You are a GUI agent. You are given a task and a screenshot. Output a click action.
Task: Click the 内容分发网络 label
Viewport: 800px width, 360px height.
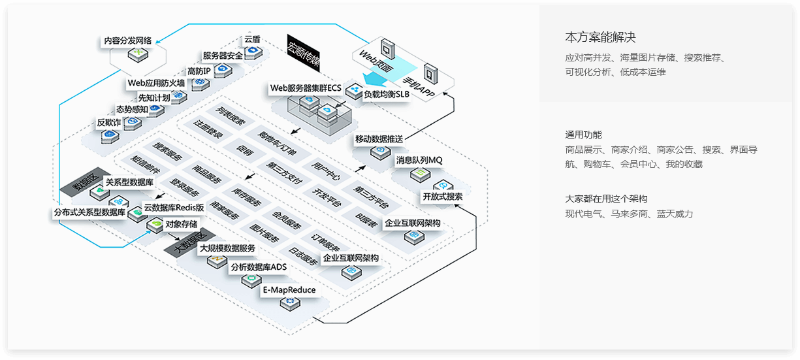click(128, 41)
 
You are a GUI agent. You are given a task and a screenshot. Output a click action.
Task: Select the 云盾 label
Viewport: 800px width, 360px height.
click(252, 39)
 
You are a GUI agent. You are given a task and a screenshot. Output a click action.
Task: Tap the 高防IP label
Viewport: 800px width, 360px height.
click(199, 71)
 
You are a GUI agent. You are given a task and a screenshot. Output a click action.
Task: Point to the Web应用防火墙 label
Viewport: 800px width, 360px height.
click(156, 83)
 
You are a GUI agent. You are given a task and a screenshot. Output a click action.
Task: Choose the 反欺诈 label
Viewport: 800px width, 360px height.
click(109, 122)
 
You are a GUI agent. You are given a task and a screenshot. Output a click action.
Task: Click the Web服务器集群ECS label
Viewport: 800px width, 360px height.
click(306, 88)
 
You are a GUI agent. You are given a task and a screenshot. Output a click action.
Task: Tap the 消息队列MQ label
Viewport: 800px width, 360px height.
click(419, 159)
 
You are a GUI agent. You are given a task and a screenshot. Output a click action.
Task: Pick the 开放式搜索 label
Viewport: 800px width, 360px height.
click(443, 196)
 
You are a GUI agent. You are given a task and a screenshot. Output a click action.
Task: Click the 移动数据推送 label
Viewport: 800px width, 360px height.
click(379, 139)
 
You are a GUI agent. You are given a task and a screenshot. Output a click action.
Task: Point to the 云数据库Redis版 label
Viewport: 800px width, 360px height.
click(174, 208)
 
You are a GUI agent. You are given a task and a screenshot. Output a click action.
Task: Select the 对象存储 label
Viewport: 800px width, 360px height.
click(182, 223)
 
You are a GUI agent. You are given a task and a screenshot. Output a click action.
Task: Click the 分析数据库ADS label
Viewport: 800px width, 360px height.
click(259, 267)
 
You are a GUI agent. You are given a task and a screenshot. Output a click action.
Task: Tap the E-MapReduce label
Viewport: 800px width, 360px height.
click(289, 289)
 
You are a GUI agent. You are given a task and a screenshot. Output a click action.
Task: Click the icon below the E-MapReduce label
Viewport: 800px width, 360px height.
click(288, 303)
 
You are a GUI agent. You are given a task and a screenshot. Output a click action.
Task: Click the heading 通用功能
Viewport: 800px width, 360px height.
click(583, 135)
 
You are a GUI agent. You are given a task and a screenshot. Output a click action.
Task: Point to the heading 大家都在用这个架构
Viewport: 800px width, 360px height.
click(606, 199)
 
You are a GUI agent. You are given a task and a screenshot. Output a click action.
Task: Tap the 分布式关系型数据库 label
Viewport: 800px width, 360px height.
click(89, 212)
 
